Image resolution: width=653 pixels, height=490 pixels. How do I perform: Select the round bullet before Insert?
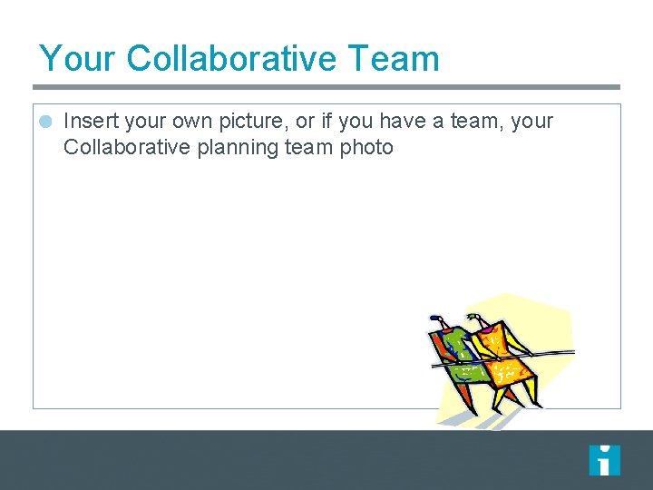point(46,122)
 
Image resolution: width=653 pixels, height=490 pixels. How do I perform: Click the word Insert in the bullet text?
point(90,122)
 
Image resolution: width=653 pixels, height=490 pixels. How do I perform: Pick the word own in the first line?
point(196,122)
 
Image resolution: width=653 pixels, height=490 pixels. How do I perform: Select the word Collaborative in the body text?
point(127,147)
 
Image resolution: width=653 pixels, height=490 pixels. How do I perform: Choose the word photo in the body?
point(366,147)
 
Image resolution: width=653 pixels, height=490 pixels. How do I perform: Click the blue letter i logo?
point(604,460)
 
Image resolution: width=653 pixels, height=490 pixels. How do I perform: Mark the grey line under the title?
point(326,87)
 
